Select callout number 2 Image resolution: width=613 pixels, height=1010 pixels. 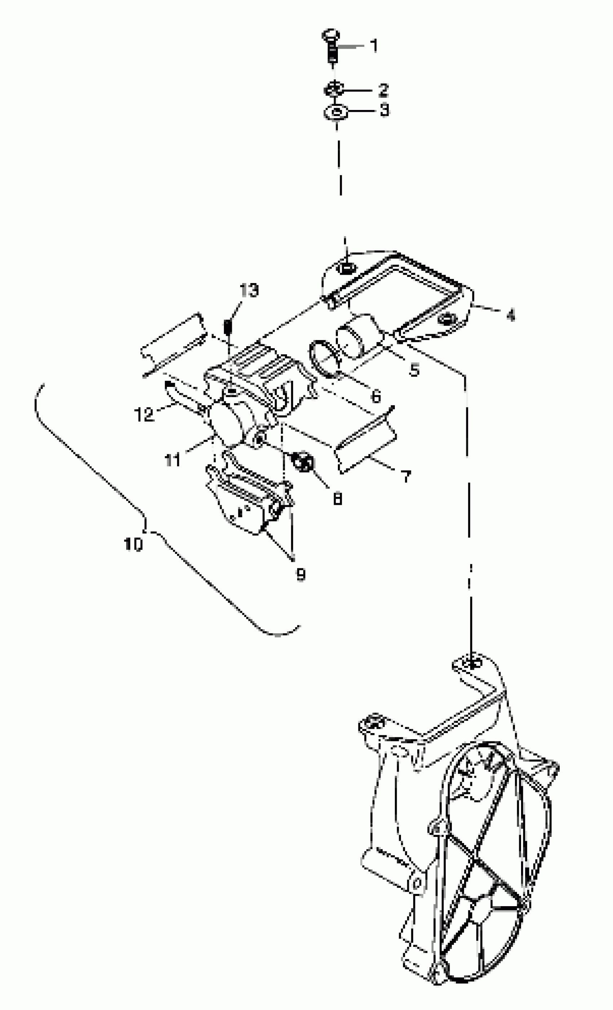point(383,90)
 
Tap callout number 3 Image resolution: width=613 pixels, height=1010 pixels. point(384,110)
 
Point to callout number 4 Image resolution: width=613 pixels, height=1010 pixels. point(511,315)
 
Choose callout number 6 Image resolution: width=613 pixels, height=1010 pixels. point(376,396)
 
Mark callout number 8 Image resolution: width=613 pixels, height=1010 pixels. point(337,499)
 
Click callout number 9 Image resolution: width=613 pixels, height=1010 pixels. point(301,575)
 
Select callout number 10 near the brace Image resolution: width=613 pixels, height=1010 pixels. point(133,544)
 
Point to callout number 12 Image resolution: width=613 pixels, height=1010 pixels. point(144,414)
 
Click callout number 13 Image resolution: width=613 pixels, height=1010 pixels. point(249,290)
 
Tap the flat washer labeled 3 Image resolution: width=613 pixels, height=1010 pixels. point(336,111)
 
